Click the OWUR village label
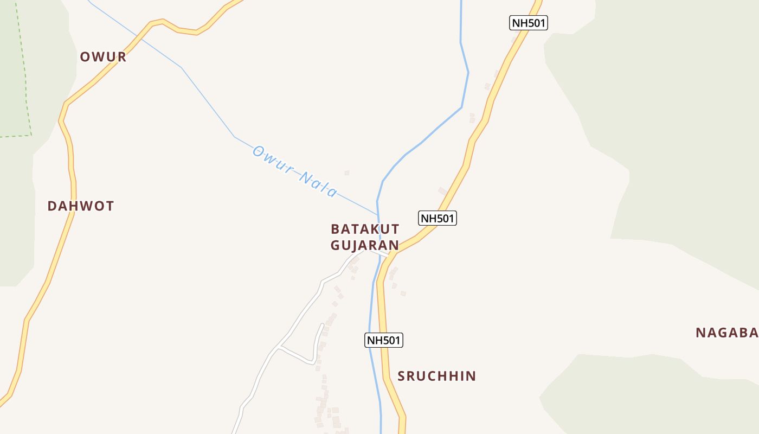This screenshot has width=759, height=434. pos(103,57)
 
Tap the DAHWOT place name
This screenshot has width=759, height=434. pos(81,206)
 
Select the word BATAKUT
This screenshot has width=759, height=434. pos(365,229)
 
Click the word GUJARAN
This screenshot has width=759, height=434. pos(365,245)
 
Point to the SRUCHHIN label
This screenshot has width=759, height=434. pos(436,376)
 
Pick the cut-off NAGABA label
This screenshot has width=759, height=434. pos(726,333)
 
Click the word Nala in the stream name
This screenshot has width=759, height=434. pos(318,184)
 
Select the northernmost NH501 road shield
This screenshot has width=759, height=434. pos(529,23)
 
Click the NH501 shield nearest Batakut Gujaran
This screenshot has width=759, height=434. pos(438,218)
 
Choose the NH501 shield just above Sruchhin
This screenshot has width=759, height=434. pos(384,340)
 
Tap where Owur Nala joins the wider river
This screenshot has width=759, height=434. pos(378,215)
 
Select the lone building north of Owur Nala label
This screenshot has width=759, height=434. pos(347,173)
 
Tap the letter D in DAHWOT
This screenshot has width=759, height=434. pos(52,206)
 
